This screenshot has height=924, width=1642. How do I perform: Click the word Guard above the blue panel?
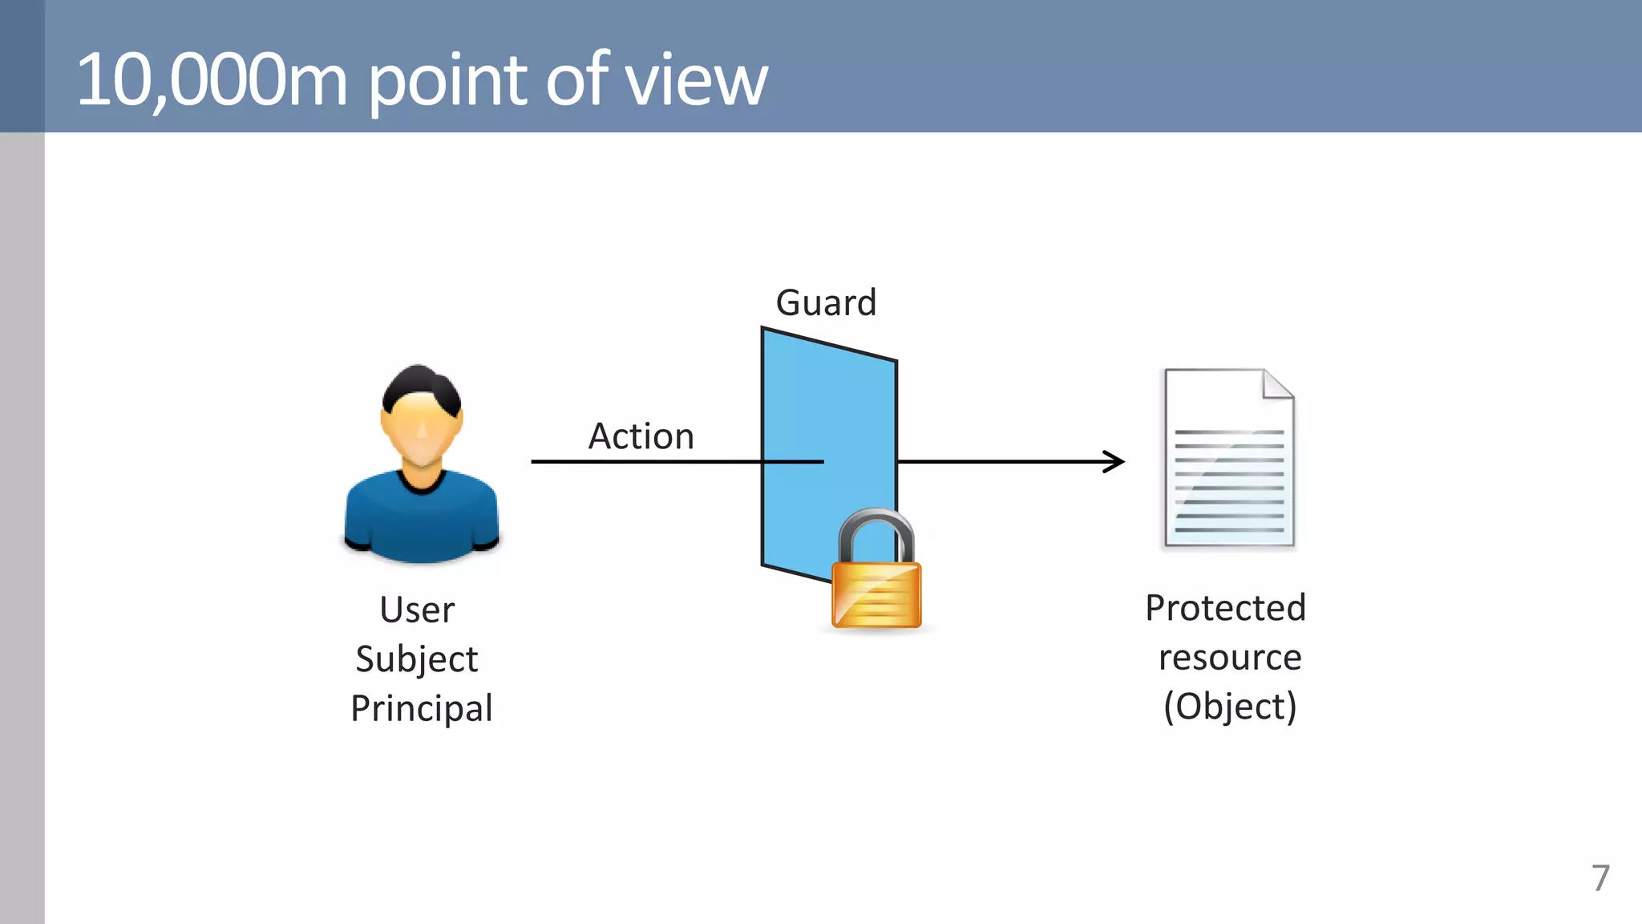pyautogui.click(x=826, y=303)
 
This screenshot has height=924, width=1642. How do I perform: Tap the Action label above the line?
pyautogui.click(x=641, y=436)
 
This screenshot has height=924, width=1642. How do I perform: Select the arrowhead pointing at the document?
pyautogui.click(x=1115, y=461)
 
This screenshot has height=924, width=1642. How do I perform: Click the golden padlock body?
pyautogui.click(x=876, y=595)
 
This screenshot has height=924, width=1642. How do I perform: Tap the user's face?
pyautogui.click(x=420, y=433)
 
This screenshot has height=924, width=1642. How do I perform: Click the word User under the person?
pyautogui.click(x=417, y=610)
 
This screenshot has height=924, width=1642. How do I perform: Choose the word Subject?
pyautogui.click(x=417, y=659)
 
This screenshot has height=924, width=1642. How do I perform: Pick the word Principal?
pyautogui.click(x=421, y=708)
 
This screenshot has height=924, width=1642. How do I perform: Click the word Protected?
pyautogui.click(x=1225, y=608)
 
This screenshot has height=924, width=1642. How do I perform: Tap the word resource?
pyautogui.click(x=1230, y=658)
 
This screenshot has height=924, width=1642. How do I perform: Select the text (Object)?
pyautogui.click(x=1230, y=707)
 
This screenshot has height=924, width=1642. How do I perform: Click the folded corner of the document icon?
pyautogui.click(x=1276, y=385)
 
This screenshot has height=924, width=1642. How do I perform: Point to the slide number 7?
pyautogui.click(x=1600, y=878)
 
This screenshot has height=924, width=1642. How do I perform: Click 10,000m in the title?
pyautogui.click(x=212, y=80)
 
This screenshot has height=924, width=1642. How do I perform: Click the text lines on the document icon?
pyautogui.click(x=1228, y=481)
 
